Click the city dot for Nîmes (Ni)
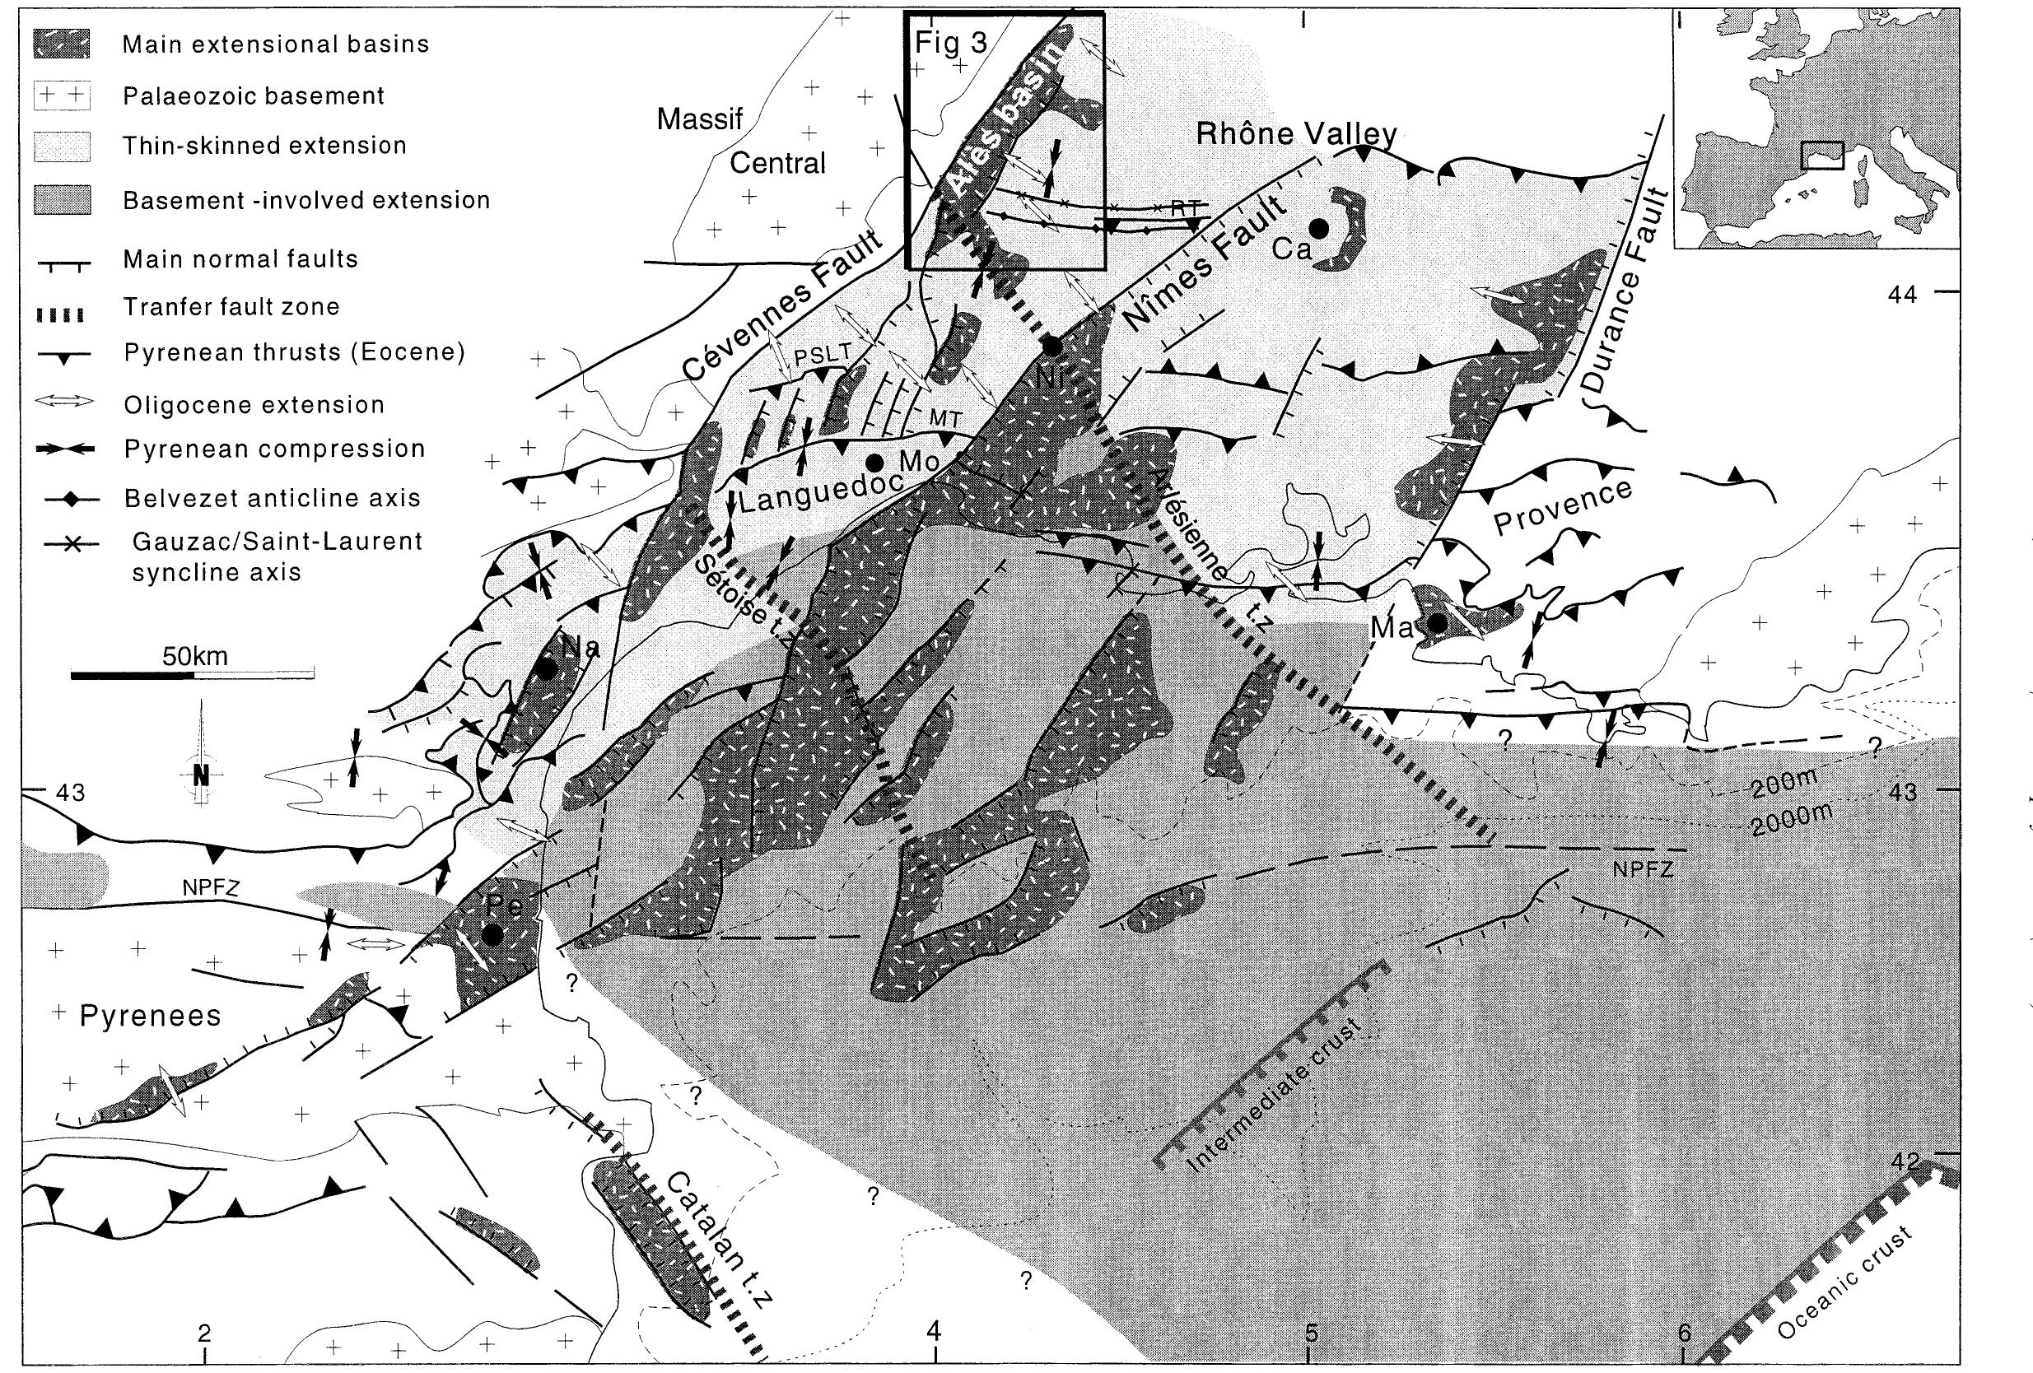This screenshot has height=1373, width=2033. point(1053,347)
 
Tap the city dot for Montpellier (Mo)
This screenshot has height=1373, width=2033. point(872,462)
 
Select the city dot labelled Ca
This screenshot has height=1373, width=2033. point(1318,227)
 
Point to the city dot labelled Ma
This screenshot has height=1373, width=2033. point(1435,622)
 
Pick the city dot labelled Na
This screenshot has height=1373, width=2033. point(547,670)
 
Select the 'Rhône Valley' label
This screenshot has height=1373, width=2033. point(1295,134)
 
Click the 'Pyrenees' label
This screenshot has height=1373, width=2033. point(150,1015)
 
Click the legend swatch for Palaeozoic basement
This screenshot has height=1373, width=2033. point(61,95)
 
